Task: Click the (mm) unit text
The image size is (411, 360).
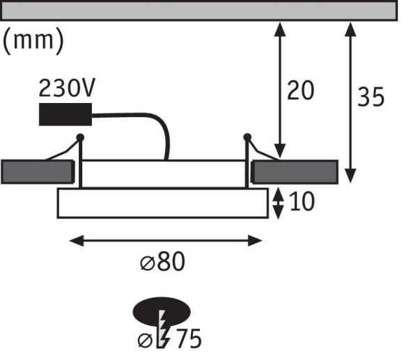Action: (34, 41)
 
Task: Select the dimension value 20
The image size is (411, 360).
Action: (300, 91)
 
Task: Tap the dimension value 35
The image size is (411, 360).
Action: (370, 97)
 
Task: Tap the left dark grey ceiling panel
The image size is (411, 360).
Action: (37, 171)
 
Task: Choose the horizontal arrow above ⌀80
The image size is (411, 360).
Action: (167, 241)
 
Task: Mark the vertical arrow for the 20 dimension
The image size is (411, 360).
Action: (280, 91)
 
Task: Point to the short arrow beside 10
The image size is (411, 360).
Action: (278, 203)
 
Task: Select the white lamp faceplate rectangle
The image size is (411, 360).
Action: (162, 203)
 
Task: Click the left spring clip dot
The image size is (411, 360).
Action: (81, 137)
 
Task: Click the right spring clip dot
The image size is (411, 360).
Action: (247, 137)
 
